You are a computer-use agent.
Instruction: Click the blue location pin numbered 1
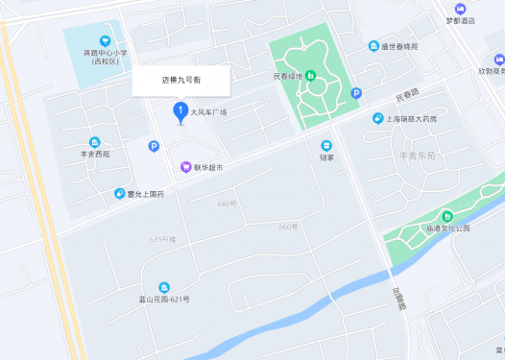point(179,112)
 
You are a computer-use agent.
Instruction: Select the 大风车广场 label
point(208,112)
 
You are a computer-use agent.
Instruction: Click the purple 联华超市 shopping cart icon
point(185,167)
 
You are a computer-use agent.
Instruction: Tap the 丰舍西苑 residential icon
point(95,142)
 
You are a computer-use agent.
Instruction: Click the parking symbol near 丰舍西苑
point(153,146)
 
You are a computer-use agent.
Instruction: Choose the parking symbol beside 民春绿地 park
point(356,93)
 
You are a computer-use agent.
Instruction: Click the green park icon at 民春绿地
point(309,77)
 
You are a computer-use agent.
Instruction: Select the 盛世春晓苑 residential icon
point(373,46)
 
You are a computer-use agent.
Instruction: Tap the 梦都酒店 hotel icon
point(461,9)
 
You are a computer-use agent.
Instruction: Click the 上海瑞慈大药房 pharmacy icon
point(378,118)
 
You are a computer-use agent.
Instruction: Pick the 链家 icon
point(326,145)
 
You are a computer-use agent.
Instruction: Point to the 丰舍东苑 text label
point(417,155)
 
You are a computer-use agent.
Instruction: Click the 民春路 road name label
point(408,97)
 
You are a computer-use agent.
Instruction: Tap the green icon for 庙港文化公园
point(446,216)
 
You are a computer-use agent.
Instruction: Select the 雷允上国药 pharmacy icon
point(119,193)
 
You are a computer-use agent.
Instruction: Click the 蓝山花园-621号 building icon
point(164,287)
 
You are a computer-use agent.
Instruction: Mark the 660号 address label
point(288,227)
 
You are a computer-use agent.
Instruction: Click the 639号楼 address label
point(162,238)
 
